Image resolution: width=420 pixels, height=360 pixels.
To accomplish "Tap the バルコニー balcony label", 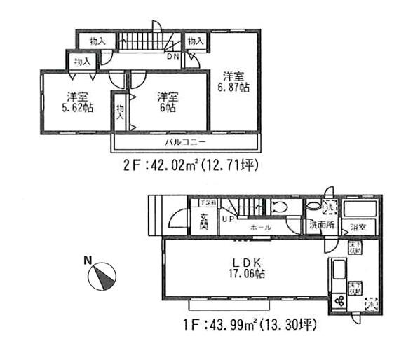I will click(185, 142).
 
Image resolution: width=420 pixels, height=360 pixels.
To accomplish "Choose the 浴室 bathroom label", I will click(358, 227).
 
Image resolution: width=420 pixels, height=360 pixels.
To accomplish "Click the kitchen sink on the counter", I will click(338, 269).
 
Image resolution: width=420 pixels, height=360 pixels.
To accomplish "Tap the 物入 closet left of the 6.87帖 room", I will click(196, 41).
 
